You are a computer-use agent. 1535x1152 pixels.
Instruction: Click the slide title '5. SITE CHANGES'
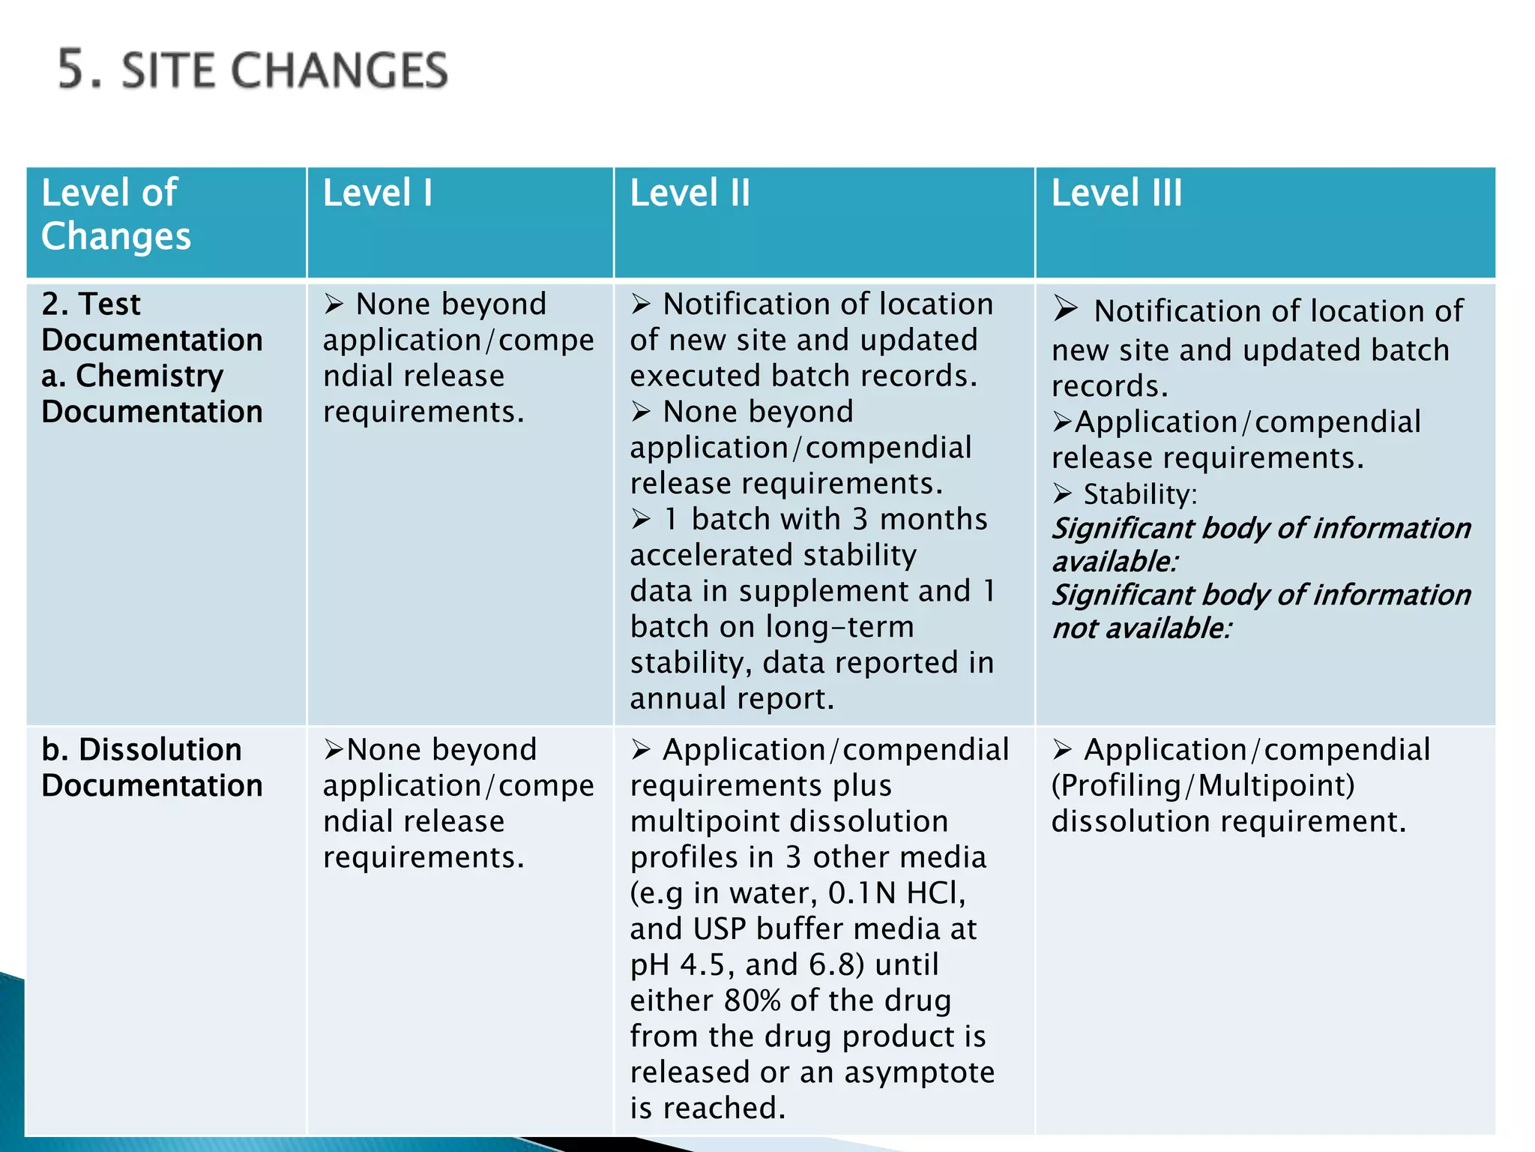point(253,70)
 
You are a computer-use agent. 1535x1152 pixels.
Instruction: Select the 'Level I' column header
point(378,193)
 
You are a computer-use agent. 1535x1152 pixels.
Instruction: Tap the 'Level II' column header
point(690,193)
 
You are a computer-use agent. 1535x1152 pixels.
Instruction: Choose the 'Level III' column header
point(1116,193)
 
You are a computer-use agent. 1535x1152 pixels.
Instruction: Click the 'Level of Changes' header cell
point(116,214)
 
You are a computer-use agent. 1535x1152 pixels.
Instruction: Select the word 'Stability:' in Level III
point(1140,494)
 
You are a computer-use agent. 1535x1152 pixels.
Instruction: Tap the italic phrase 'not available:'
point(1142,628)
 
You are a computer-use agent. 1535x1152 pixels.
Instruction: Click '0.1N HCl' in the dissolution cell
point(896,893)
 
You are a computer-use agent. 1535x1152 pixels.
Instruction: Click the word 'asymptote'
point(919,1072)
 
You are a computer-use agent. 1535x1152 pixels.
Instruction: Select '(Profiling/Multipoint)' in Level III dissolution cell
point(1202,785)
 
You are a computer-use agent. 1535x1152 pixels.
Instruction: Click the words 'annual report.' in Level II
point(732,699)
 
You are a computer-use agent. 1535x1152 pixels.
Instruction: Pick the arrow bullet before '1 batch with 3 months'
point(641,519)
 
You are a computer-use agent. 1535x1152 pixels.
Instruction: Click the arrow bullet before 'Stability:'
point(1062,493)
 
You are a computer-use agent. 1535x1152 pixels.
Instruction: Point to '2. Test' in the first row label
point(91,304)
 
